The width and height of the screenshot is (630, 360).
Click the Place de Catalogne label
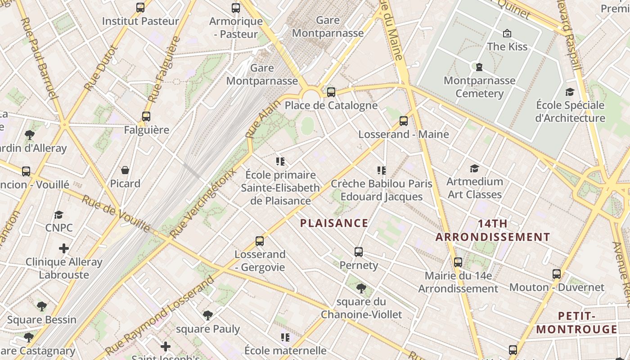point(331,106)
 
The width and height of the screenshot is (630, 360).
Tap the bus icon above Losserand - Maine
point(404,121)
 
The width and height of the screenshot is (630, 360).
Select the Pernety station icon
point(359,252)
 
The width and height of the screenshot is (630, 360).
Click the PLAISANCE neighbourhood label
point(334,223)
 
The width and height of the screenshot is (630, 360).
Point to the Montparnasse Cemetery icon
point(479,67)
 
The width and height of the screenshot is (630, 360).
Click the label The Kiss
point(507,46)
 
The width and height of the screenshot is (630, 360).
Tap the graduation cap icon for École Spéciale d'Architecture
point(570,92)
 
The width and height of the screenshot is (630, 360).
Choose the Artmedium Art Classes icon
point(474,169)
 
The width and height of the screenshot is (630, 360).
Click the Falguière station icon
point(146,117)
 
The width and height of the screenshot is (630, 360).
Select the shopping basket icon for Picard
point(125,170)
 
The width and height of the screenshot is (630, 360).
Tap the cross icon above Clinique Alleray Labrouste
point(64,248)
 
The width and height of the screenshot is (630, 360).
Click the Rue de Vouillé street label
point(116,213)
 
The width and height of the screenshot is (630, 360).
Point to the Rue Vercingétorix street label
point(202,204)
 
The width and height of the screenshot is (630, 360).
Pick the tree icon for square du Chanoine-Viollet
point(360,288)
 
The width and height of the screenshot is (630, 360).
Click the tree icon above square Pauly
point(207,315)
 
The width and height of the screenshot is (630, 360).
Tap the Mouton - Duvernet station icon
point(557,274)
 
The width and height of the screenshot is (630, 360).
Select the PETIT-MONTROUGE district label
point(576,323)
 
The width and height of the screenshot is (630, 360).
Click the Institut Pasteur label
point(140,21)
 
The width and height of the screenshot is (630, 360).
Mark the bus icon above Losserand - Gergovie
point(260,241)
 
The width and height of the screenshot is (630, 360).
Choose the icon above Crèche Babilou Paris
point(382,171)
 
